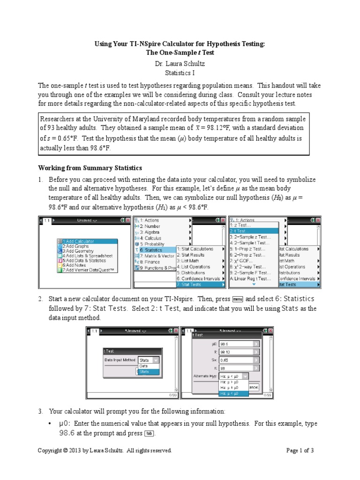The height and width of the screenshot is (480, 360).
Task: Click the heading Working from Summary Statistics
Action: point(90,167)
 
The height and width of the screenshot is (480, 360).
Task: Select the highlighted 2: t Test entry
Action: point(253,231)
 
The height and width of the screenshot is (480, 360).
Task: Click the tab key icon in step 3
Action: point(150,434)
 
